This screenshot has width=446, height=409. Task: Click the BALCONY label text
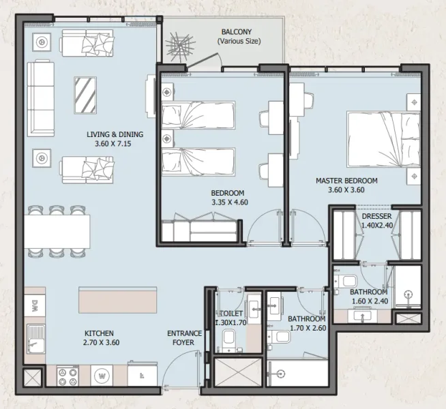coord(238,32)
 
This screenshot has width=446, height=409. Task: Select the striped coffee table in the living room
coord(86,96)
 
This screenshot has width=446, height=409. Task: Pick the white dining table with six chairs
coord(59,232)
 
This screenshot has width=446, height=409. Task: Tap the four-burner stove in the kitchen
coord(68,375)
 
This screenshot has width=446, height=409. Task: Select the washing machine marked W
coord(102,375)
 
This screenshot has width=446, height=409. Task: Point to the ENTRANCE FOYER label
coord(185,338)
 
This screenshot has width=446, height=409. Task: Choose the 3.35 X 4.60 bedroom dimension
coord(228,202)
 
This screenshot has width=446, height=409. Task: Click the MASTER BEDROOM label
coord(346,181)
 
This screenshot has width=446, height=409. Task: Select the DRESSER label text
coord(376,217)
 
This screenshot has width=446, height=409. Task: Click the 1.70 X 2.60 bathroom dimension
coord(306,328)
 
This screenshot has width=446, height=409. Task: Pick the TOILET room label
coord(230,314)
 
